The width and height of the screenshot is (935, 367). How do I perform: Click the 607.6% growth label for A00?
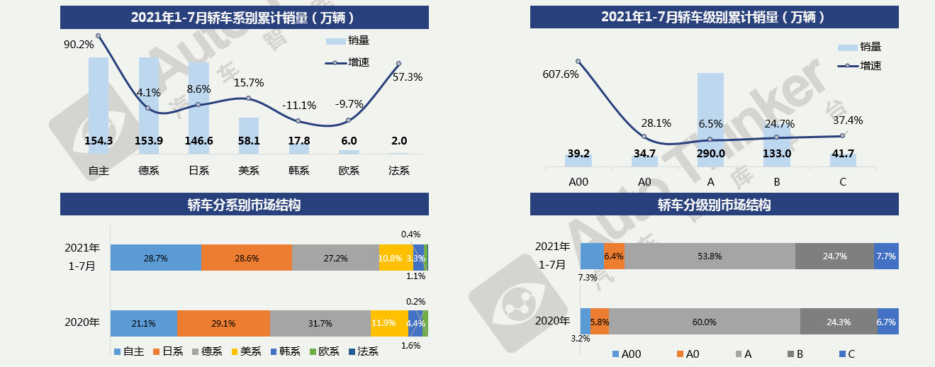point(561,74)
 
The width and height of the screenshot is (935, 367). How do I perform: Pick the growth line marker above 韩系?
point(298,121)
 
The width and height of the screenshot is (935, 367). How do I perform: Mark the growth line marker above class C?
point(842,135)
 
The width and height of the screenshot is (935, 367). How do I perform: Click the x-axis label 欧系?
point(349,171)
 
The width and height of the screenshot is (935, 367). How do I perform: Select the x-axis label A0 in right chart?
point(644,182)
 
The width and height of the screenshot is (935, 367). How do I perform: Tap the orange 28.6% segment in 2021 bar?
point(246,258)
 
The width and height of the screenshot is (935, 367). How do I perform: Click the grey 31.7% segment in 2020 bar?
point(320,323)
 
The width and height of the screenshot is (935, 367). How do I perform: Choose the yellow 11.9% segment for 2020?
point(383,323)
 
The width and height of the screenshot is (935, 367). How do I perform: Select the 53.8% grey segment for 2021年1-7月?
point(710,256)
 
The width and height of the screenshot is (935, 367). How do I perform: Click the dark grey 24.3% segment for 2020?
point(839,322)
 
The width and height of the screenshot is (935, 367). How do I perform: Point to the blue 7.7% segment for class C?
point(886,256)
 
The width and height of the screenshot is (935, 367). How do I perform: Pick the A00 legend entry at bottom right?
point(628,354)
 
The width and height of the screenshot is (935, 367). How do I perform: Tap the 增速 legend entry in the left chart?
point(350,63)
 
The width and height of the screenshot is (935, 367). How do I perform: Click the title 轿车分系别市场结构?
point(244,205)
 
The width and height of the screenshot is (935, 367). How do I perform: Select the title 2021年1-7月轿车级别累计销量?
point(714,17)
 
